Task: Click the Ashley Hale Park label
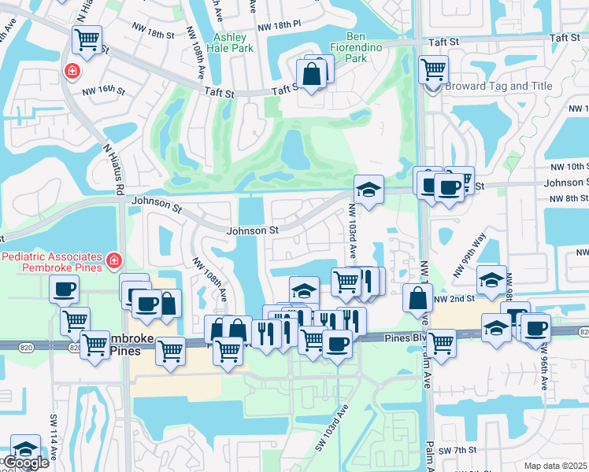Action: point(234,42)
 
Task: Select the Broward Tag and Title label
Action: point(498,87)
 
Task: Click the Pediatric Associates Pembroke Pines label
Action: point(53,263)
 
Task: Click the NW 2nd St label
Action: point(456,299)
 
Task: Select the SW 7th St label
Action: point(455,449)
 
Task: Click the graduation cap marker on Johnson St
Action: point(369,189)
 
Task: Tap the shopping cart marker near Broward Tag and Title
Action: point(433,69)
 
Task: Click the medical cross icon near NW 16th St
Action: point(72,72)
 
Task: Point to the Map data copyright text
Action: point(555,466)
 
